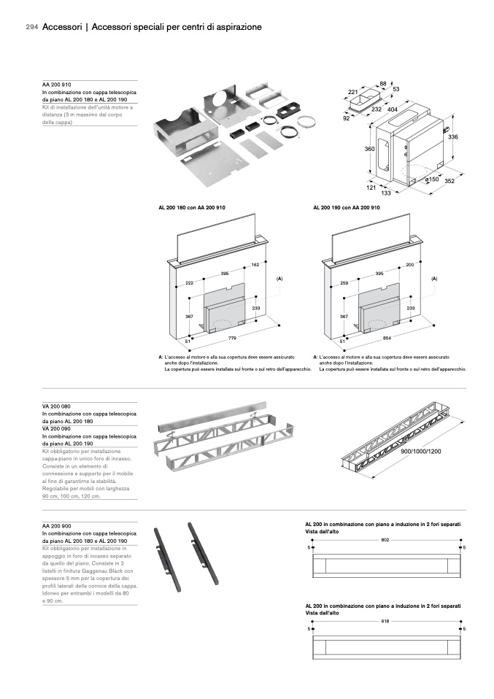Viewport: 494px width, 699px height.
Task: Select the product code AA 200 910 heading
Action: click(56, 85)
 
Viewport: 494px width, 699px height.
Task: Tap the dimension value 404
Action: click(392, 109)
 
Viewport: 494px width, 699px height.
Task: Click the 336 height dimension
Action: click(452, 137)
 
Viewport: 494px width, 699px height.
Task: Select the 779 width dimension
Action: click(232, 339)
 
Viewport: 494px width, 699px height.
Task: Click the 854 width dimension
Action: click(387, 339)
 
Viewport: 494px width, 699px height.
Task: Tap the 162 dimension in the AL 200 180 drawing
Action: click(255, 264)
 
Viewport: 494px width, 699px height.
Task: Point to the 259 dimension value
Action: click(344, 282)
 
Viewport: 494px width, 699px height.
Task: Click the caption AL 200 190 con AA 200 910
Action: click(347, 208)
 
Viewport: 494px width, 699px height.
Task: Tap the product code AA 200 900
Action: click(56, 526)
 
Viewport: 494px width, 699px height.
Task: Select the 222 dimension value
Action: click(190, 282)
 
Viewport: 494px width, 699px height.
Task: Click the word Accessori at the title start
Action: click(62, 27)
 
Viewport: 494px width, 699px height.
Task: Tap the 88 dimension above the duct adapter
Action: click(382, 84)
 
